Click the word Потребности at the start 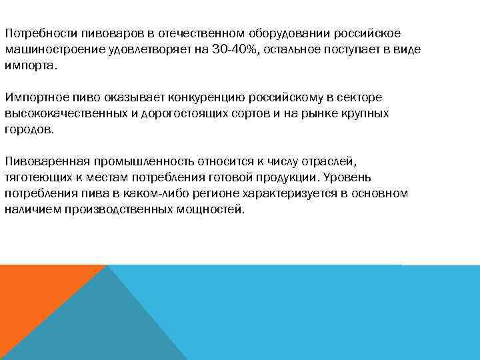point(41,33)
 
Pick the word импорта point(29,65)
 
